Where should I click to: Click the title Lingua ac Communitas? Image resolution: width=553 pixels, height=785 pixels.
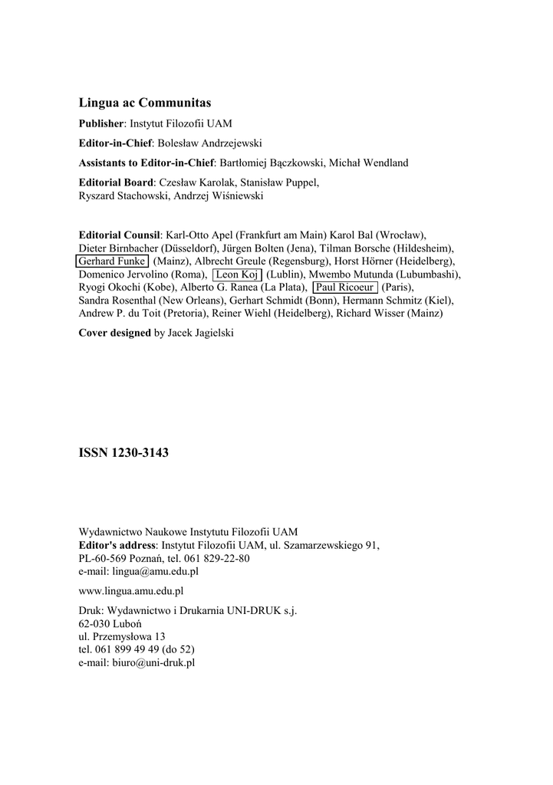[x=145, y=103]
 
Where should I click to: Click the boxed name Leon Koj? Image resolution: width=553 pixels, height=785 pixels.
[x=237, y=274]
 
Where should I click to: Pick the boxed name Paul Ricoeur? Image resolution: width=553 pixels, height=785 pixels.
[x=345, y=287]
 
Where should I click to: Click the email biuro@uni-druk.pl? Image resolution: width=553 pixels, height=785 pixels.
[x=157, y=662]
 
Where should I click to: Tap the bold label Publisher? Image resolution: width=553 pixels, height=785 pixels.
[x=100, y=123]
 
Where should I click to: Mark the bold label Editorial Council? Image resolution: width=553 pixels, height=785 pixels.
[x=120, y=235]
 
